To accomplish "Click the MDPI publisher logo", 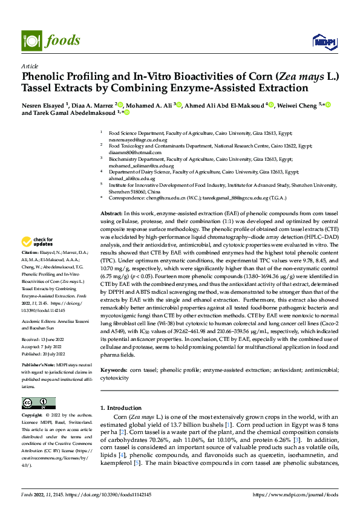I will pos(323,41).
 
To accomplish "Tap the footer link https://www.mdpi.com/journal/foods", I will pos(302,494).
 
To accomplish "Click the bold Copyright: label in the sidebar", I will pos(33,416).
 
